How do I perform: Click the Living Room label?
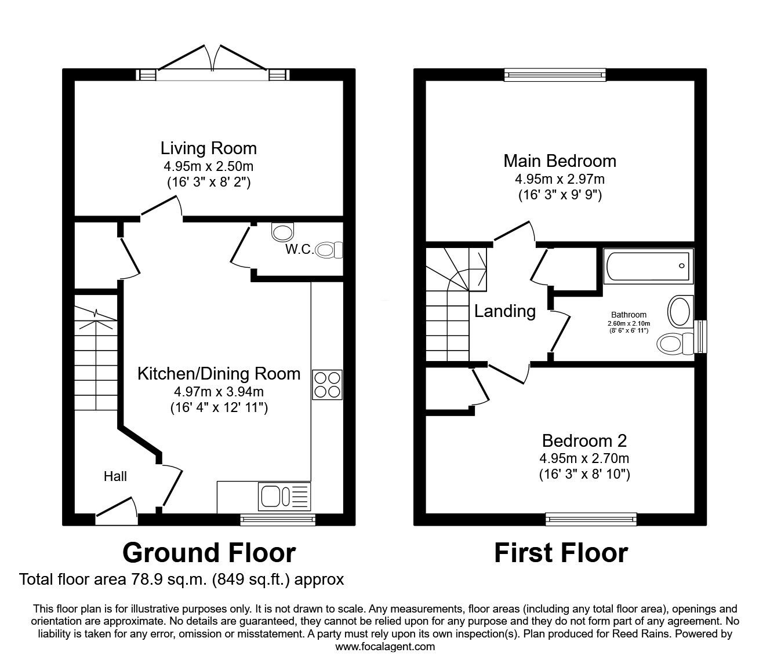[209, 148]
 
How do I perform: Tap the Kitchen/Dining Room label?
[219, 374]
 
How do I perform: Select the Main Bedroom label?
[560, 161]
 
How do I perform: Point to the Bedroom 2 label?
[584, 441]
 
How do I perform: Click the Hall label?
[115, 476]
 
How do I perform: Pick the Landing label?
[505, 311]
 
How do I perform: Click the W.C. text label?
[300, 249]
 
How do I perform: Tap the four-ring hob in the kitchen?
[327, 385]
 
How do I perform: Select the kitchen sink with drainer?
[284, 497]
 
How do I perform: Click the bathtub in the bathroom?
[648, 267]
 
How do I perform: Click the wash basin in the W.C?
[283, 232]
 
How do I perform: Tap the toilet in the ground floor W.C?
[329, 250]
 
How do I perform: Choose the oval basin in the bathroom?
[681, 312]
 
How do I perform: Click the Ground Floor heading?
[209, 553]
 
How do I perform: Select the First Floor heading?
[561, 553]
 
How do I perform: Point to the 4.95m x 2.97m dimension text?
[560, 179]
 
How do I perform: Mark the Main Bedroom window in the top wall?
[555, 75]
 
